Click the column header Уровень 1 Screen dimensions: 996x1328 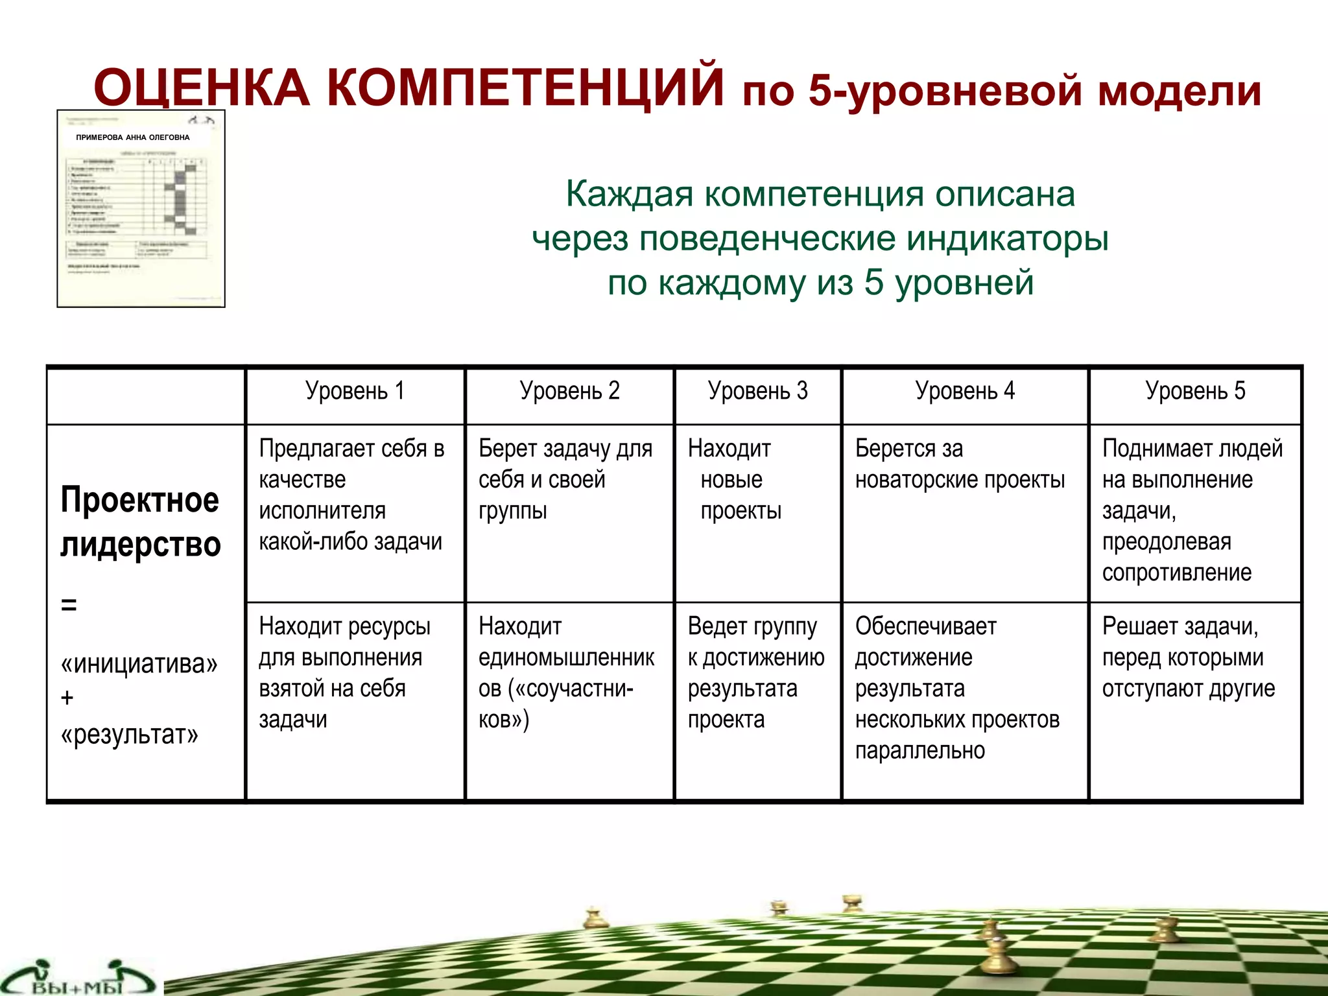[x=355, y=391]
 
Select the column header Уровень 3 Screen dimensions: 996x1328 [x=757, y=391]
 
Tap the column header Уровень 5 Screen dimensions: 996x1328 [x=1194, y=391]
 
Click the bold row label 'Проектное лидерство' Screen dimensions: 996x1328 [x=140, y=522]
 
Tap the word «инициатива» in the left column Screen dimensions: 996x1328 [x=139, y=663]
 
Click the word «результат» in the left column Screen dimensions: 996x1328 [x=130, y=735]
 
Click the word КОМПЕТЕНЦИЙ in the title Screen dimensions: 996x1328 [x=525, y=88]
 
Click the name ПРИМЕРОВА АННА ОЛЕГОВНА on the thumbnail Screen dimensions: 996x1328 [x=133, y=137]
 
